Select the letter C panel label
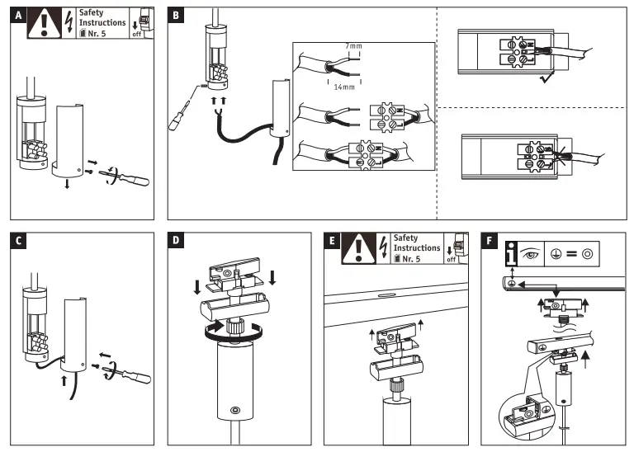(17, 241)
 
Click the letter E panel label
(333, 241)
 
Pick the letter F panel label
(490, 241)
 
